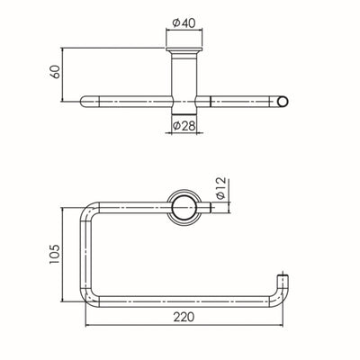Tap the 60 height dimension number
55,72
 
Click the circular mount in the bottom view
184,206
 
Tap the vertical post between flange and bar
184,76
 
